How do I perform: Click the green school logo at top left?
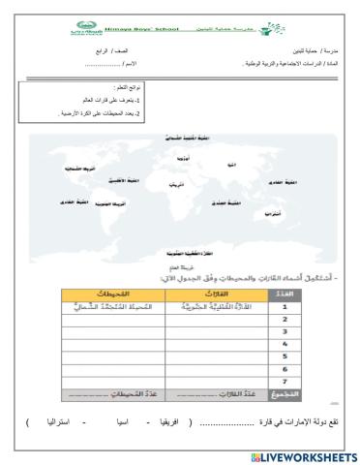(x=84, y=30)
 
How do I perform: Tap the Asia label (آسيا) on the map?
(x=231, y=165)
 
